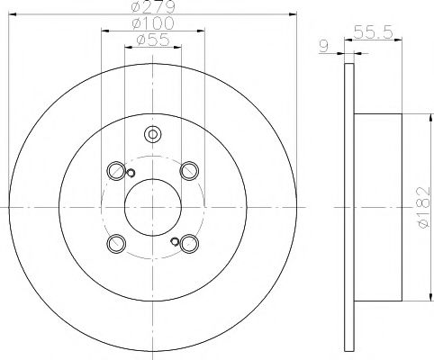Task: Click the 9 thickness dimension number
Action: [325, 41]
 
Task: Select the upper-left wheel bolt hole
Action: [116, 169]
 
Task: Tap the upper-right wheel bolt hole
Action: [187, 169]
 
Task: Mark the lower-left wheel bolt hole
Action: [116, 243]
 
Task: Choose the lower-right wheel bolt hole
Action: [187, 243]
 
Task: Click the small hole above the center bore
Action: [151, 136]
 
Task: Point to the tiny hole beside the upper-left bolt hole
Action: [131, 174]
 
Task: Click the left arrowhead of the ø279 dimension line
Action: [11, 15]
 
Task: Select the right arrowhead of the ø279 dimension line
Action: [294, 15]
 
